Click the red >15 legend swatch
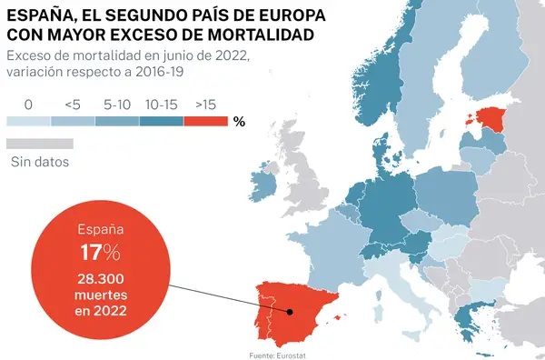(x=206, y=121)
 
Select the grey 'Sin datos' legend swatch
(x=40, y=144)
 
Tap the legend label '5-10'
(x=117, y=105)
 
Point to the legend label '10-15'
(x=162, y=105)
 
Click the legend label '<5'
(x=73, y=105)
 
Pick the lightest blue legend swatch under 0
(x=28, y=121)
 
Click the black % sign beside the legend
(x=239, y=122)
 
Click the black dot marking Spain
(x=290, y=312)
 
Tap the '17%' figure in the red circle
(x=101, y=253)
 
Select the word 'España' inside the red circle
(x=101, y=230)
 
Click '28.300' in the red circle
(x=101, y=279)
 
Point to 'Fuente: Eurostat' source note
(x=277, y=355)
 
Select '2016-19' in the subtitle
(x=160, y=72)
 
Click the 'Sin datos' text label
(x=40, y=162)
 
